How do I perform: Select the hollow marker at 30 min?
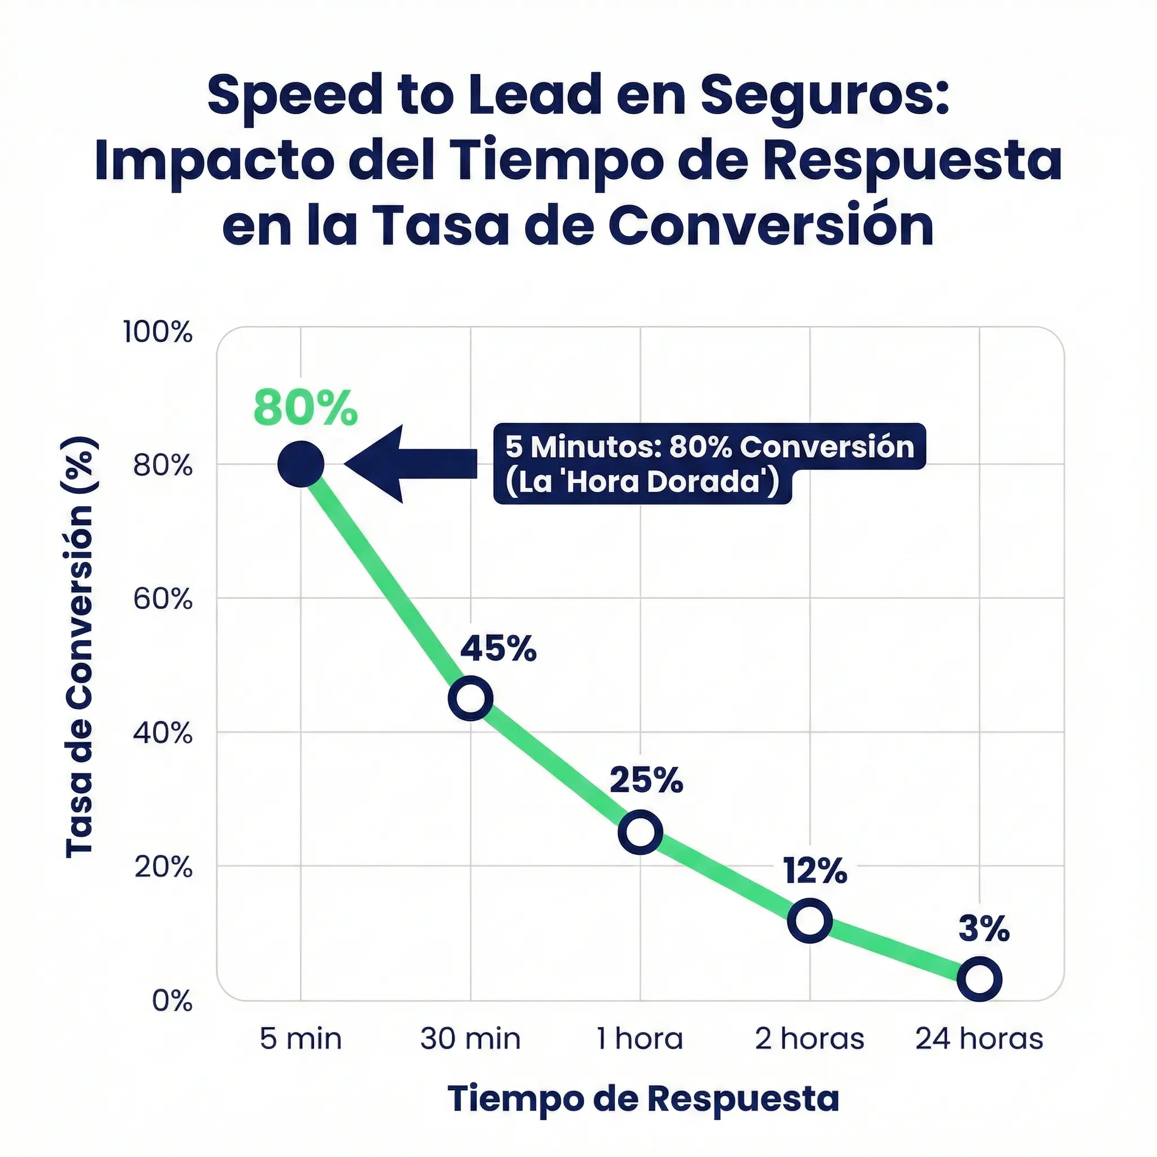pos(471,698)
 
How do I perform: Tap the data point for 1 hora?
pos(640,832)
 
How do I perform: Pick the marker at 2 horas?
pos(810,920)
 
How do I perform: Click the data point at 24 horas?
pos(980,980)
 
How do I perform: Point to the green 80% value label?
pos(305,408)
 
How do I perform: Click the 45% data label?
pos(498,649)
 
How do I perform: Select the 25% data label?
pos(646,781)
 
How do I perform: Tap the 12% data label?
pos(815,871)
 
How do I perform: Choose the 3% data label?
pos(984,929)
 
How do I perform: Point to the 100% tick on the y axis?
pos(158,332)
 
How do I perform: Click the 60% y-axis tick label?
pos(162,599)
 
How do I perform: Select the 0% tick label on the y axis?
pos(172,1001)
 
